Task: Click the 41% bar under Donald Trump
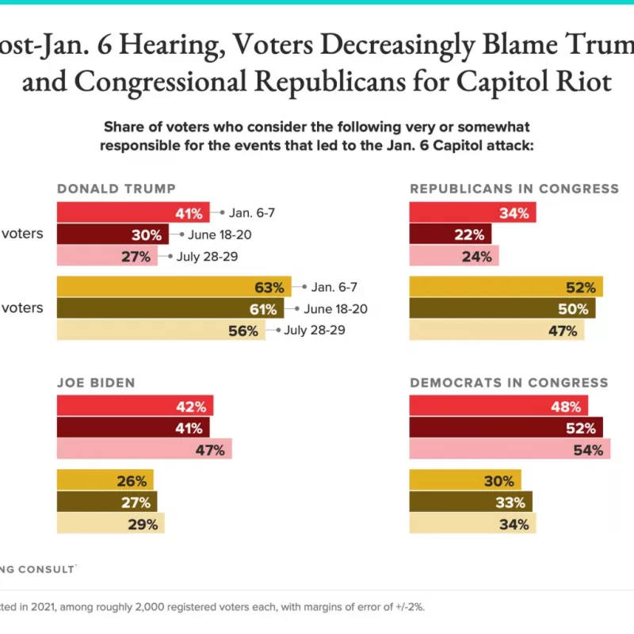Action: tap(133, 212)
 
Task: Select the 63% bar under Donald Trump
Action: tap(174, 287)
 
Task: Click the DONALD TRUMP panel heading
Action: tap(116, 189)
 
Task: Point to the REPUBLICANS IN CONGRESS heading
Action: tap(514, 189)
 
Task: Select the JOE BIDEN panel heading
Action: tap(95, 383)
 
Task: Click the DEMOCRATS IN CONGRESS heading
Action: tap(509, 383)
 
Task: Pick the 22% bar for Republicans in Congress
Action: tap(450, 235)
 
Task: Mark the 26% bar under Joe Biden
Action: tap(105, 480)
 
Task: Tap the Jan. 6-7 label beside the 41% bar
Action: tap(252, 212)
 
